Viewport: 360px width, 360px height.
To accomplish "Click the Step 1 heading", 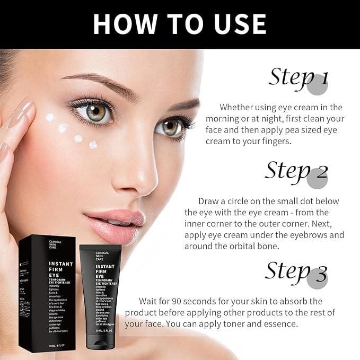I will pos(298,77).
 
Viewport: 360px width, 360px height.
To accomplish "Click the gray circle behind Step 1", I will pos(318,84).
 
